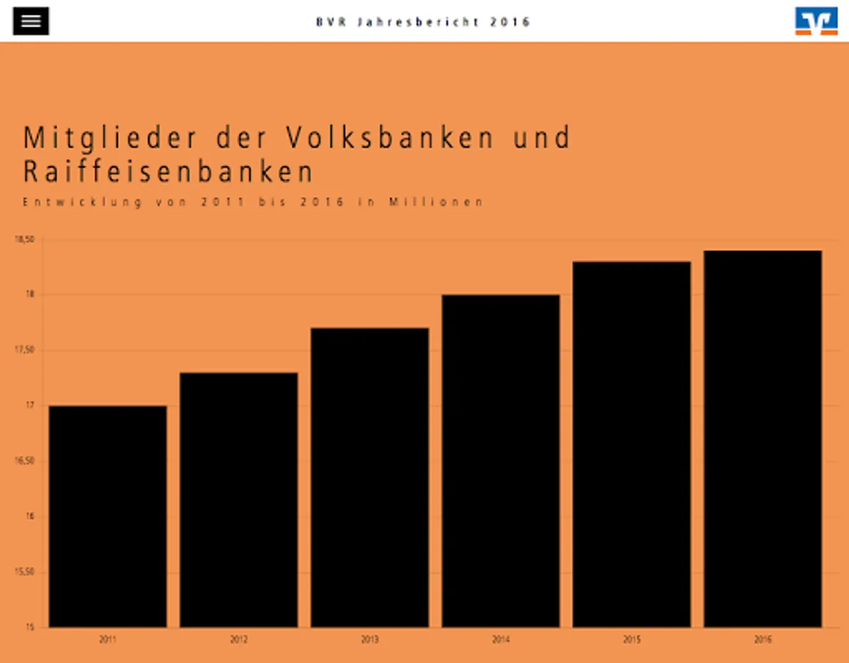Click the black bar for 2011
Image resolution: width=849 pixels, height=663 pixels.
point(108,516)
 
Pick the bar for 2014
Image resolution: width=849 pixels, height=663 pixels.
point(500,460)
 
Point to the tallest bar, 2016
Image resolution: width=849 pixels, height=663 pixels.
point(763,438)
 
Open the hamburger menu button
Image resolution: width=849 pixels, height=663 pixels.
point(31,21)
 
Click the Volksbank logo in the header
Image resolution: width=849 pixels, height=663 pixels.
point(816,21)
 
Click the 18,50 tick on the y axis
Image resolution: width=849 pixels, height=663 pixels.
point(25,239)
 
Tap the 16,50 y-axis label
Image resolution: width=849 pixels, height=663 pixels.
point(25,461)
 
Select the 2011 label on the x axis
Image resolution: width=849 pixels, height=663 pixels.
point(108,640)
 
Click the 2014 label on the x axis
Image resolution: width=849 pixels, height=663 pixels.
point(500,640)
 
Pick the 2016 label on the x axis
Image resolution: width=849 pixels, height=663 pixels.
point(763,640)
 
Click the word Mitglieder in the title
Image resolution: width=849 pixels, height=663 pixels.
point(111,138)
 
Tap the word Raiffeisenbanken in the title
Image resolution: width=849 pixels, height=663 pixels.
point(169,172)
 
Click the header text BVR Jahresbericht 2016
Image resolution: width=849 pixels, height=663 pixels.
point(424,22)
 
